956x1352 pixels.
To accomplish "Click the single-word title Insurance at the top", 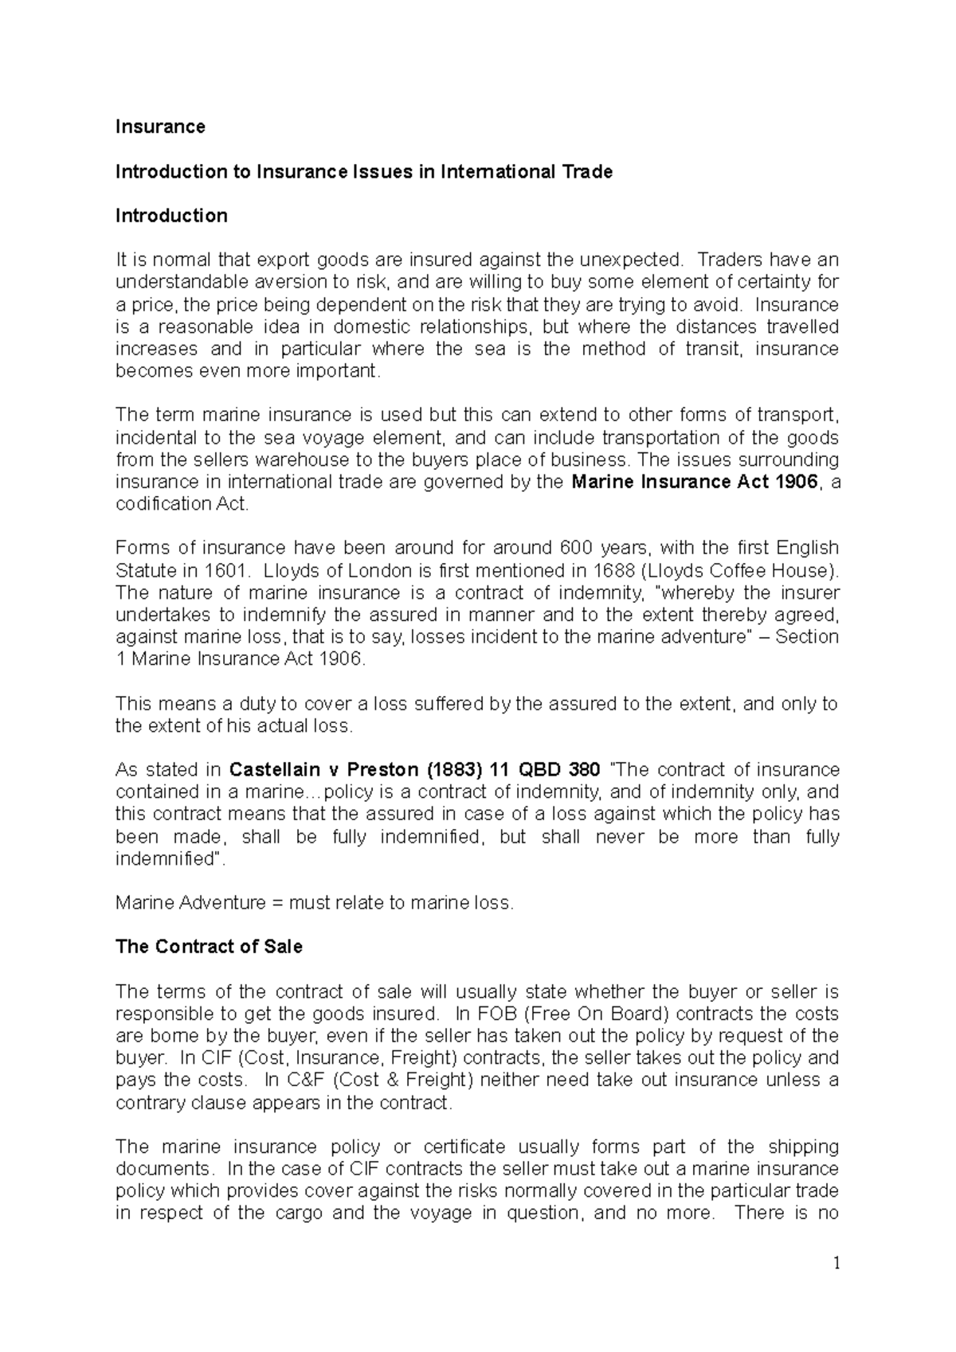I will pos(160,127).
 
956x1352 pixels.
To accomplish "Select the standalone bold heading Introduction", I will pos(171,216).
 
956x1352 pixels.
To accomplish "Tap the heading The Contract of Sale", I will pos(209,947).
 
